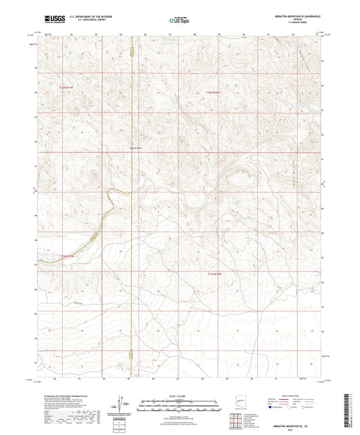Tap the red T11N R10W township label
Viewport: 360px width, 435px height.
(214, 274)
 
